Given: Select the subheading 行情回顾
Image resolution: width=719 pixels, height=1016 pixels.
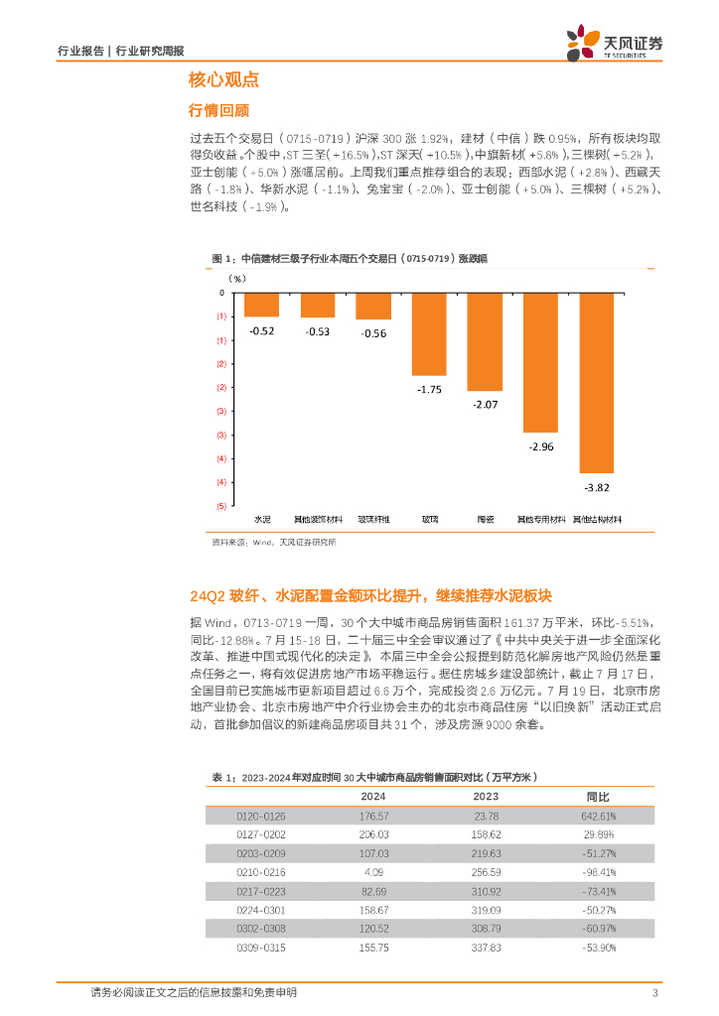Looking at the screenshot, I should [x=217, y=110].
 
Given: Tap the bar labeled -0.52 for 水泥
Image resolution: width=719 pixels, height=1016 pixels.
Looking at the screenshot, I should [x=261, y=305].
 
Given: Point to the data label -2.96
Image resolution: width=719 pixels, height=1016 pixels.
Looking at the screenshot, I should [x=542, y=447].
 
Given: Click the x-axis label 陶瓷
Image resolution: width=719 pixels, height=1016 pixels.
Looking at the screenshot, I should [x=486, y=519].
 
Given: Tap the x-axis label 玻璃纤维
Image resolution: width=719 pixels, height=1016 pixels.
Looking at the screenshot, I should [x=373, y=519].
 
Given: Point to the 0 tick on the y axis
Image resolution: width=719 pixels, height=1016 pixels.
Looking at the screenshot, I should [x=221, y=293].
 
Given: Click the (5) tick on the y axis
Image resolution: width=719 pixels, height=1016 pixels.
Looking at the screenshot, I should [x=220, y=506].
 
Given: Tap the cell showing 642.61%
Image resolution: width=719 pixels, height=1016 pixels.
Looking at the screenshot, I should [x=598, y=816].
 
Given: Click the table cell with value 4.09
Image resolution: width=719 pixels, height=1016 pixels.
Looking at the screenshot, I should [x=373, y=872].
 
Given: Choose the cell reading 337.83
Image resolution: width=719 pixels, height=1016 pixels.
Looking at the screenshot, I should [x=486, y=948].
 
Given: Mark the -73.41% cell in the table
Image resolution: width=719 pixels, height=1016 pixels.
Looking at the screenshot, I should [x=598, y=891].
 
